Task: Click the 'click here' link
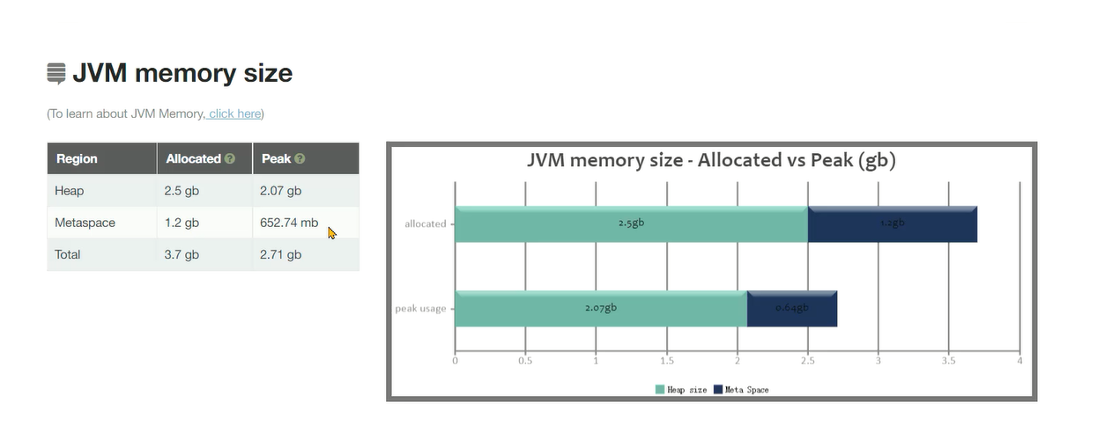235,113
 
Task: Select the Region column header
77,159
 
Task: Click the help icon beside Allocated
230,159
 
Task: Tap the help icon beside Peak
300,159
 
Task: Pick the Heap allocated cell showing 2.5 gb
182,191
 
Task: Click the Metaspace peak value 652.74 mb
289,223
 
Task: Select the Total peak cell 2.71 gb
280,254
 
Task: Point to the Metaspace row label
85,223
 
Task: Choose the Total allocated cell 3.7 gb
182,254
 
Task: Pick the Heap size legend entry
680,390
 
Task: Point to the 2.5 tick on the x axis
808,360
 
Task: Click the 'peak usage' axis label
420,309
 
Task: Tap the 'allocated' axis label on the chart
426,224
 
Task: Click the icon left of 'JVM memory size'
56,73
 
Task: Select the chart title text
711,160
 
